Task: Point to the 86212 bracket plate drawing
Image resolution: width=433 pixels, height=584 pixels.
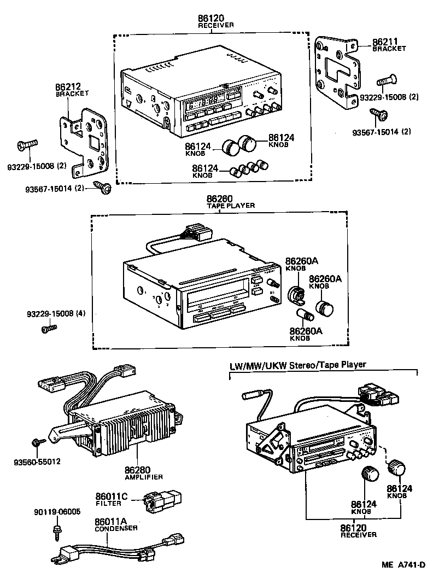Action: [x=87, y=142]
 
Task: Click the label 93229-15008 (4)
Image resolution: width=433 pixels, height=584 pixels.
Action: [x=56, y=314]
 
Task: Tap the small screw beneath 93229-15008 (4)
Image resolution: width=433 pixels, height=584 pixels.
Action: [x=49, y=329]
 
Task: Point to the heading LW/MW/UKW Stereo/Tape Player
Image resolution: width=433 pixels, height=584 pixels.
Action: [x=297, y=364]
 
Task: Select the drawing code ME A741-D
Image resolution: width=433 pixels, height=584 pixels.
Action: [x=403, y=565]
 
